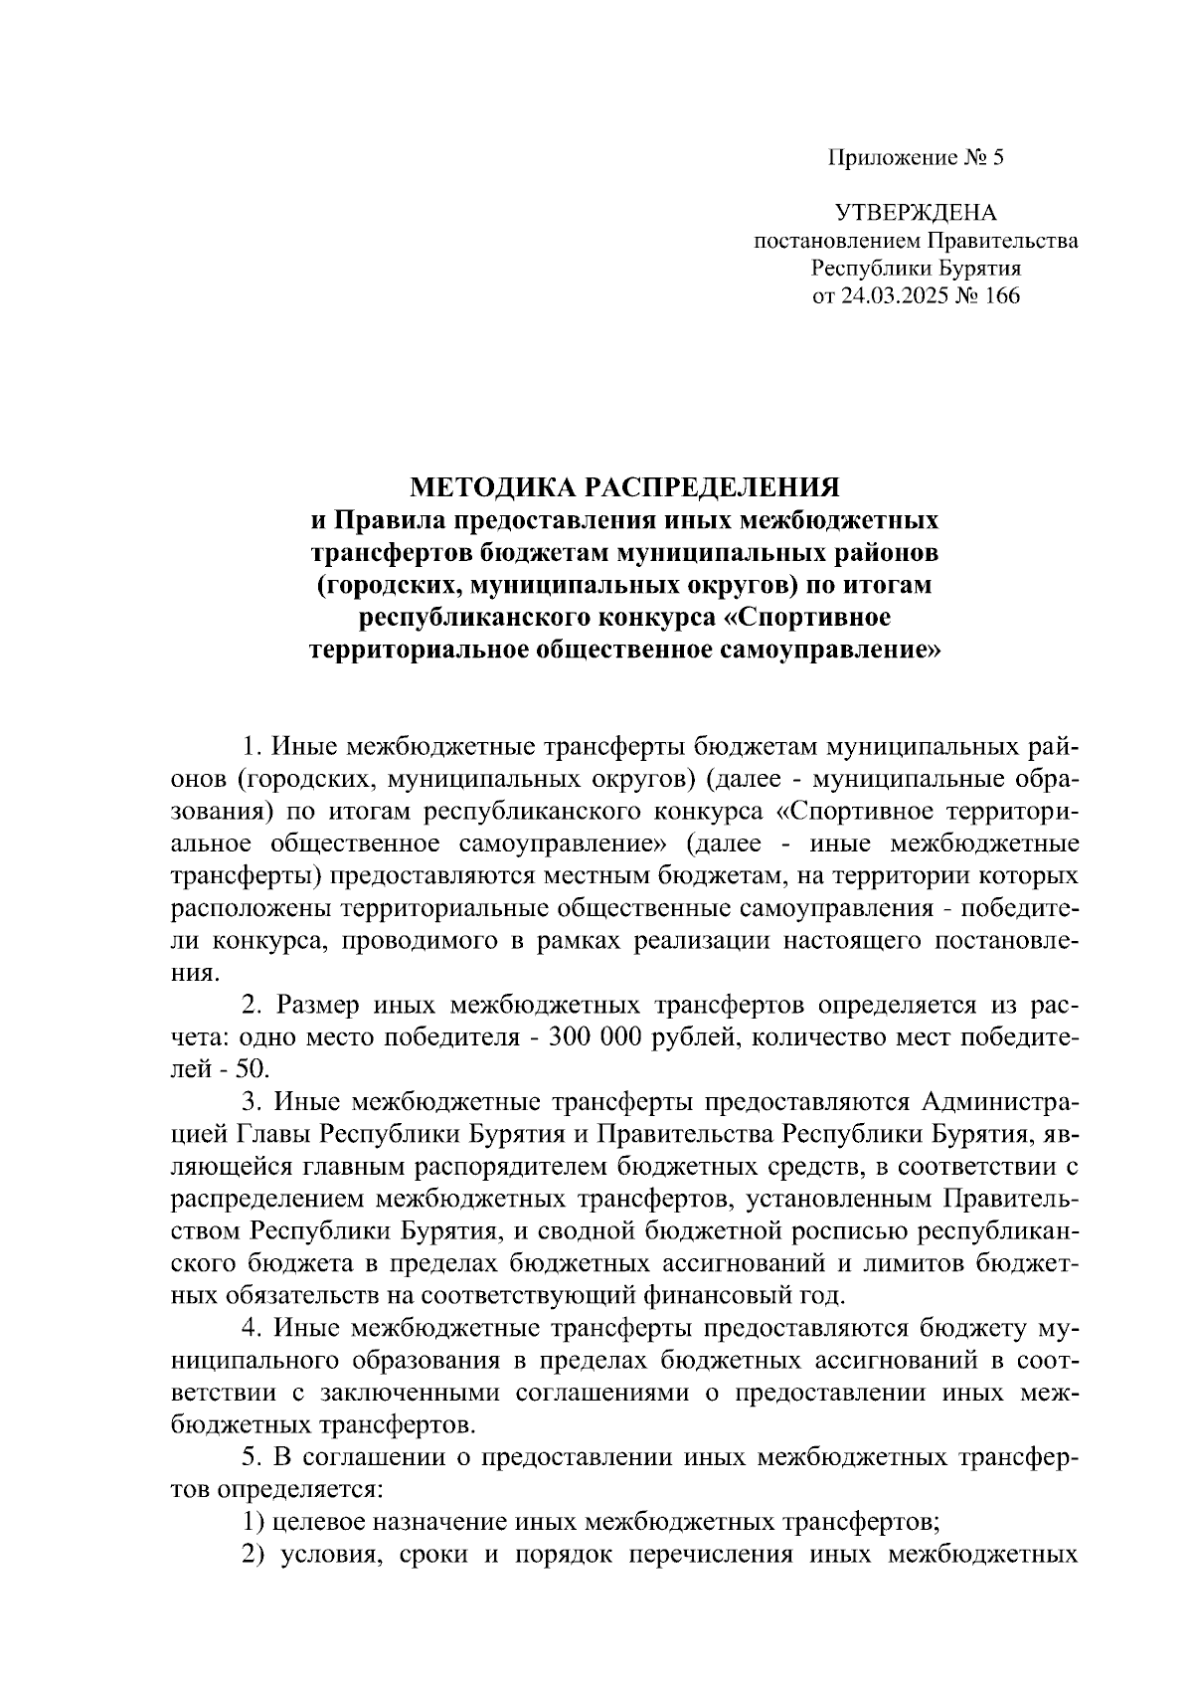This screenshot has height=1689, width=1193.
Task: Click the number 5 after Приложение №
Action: pos(999,157)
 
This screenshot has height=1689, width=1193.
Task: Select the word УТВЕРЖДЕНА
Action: pos(915,212)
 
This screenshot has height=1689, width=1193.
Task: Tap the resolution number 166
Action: pos(1001,296)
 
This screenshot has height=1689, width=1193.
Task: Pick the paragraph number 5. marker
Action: pos(254,1458)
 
